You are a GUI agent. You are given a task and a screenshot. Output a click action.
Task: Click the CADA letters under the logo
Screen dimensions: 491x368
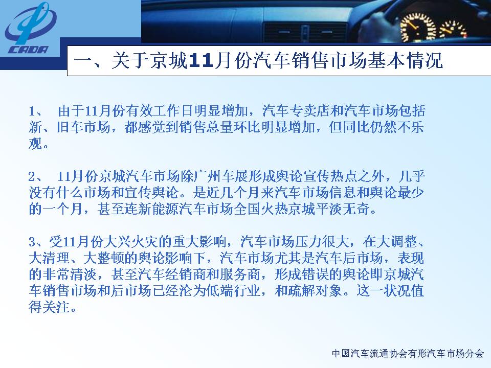click(29, 50)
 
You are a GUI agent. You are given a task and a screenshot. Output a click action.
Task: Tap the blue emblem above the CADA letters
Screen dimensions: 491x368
click(30, 24)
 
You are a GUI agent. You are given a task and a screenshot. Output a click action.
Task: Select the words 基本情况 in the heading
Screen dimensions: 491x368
click(405, 60)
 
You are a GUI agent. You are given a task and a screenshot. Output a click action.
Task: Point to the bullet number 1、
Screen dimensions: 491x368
click(36, 111)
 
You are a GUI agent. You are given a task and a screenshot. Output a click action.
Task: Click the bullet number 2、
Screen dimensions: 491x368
click(36, 176)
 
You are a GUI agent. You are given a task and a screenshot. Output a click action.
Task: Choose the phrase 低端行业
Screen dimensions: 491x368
click(234, 291)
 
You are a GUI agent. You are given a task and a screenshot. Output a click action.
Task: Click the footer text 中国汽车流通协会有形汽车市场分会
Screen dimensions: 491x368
click(408, 354)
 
